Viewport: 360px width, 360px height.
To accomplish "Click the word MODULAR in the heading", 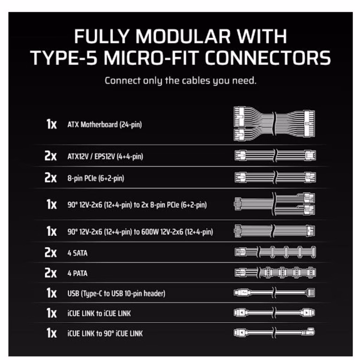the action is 183,36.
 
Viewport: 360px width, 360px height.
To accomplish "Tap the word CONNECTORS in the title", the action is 268,58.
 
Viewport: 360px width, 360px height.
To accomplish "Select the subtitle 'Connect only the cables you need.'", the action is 180,81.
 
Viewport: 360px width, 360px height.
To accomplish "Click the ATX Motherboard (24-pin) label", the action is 104,125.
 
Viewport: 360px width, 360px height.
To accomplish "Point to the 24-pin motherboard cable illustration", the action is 274,124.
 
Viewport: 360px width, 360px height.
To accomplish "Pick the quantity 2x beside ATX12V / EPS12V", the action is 51,156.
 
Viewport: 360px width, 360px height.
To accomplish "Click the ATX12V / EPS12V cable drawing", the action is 275,155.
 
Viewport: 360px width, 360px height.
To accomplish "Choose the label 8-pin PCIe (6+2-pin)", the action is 96,178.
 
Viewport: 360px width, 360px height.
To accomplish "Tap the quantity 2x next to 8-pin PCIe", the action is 51,178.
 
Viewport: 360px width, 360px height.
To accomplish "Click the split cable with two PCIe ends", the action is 274,204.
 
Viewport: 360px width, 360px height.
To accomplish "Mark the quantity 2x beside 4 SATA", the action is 51,252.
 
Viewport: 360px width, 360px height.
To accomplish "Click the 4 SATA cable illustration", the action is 275,252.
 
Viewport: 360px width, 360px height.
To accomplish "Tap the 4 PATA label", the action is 77,273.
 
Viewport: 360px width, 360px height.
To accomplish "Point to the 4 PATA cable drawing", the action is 275,272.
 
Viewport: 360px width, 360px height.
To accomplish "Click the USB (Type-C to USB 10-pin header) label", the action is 116,294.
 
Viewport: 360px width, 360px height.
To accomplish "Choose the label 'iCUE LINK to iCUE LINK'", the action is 99,313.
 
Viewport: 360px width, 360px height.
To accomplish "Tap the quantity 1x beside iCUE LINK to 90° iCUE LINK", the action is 51,333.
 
